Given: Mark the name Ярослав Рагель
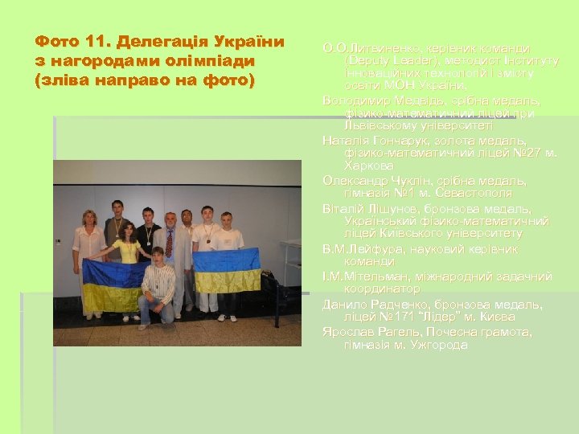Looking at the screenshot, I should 363,331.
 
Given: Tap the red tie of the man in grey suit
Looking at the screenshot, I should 169,242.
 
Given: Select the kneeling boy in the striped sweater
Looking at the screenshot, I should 158,285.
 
